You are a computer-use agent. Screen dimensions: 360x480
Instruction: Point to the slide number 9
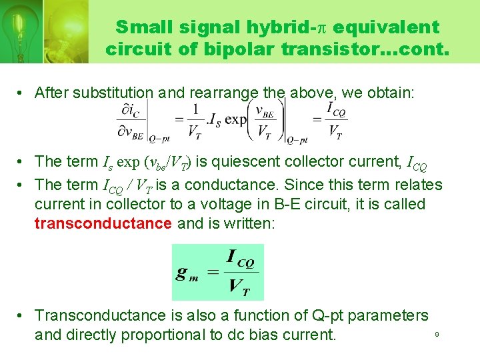tap(437, 334)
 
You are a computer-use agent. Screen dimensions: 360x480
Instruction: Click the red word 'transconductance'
tap(103, 223)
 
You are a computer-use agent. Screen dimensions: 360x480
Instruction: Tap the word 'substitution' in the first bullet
tap(116, 93)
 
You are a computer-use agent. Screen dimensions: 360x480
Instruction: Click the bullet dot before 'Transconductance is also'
tap(22, 315)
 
